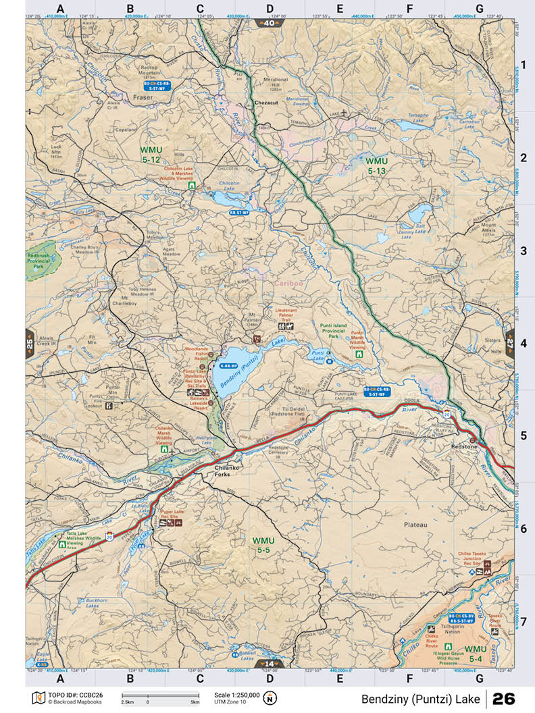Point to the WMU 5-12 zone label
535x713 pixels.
coord(151,155)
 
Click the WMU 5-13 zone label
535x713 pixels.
coord(376,166)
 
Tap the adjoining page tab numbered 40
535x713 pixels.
coord(269,23)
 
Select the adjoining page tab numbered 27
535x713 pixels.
coord(509,342)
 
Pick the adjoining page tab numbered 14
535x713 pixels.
coord(269,664)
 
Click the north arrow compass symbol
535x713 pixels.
coord(271,697)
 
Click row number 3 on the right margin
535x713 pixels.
coord(524,251)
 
